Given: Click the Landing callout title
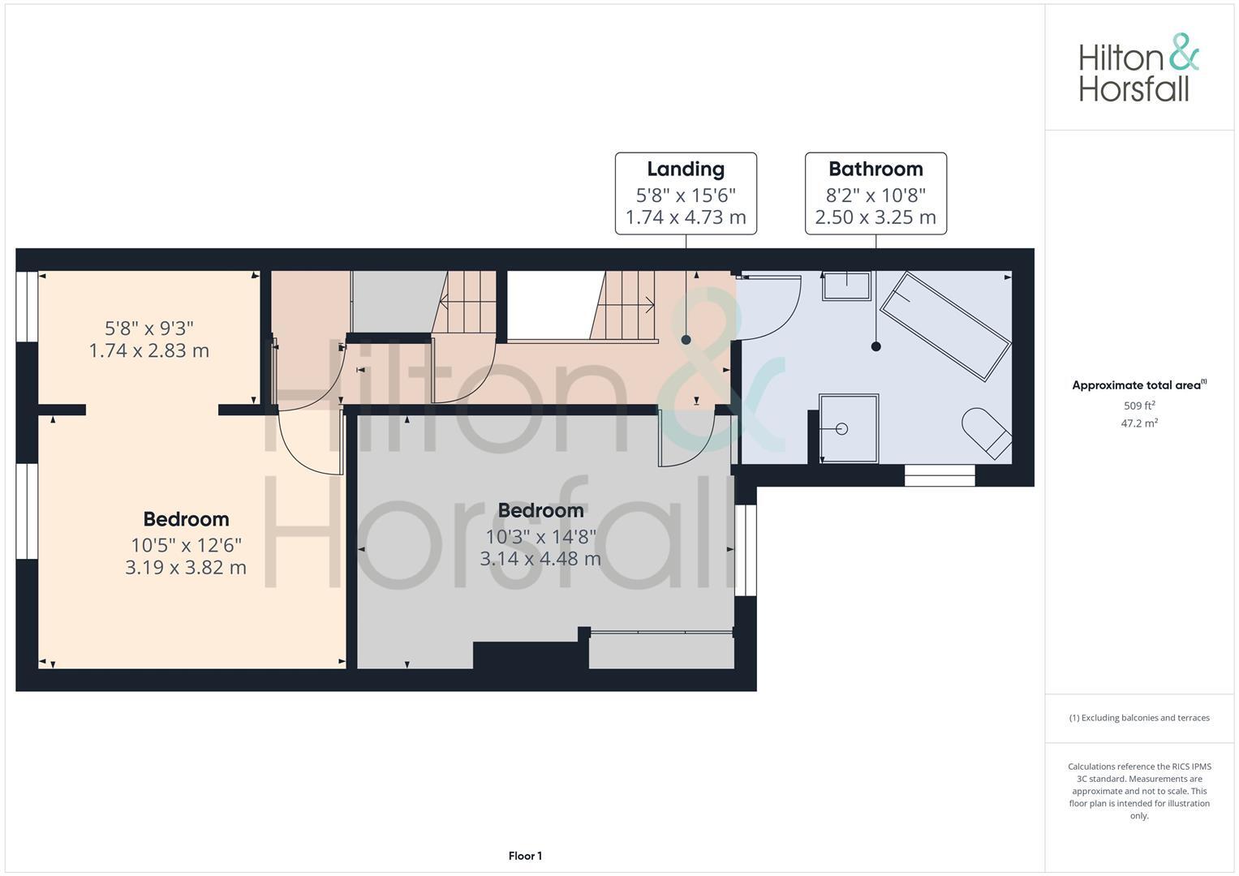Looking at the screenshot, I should pos(686,169).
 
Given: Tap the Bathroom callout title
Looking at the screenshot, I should pos(875,169).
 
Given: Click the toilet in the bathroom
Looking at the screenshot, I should pos(986,433).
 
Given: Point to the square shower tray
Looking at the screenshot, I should pos(849,429).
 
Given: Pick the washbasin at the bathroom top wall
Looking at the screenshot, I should pos(846,286).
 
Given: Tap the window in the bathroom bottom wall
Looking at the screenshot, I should pos(940,475).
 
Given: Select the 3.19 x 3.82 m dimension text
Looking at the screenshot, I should pos(186,567).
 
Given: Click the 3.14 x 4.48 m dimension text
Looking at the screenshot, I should pos(540,559).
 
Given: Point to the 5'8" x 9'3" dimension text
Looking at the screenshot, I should pos(149,328).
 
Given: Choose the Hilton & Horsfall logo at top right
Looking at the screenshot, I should pos(1138,68).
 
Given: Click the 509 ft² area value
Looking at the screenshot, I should pos(1139,406).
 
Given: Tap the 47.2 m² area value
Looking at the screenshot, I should pos(1139,423).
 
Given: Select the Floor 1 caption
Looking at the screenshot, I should pos(525,856).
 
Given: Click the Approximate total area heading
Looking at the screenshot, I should pos(1138,385).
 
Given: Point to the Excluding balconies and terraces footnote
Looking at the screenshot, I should pos(1139,718).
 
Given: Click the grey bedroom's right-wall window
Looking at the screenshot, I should pos(746,551).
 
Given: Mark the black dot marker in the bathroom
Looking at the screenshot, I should pos(875,346).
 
